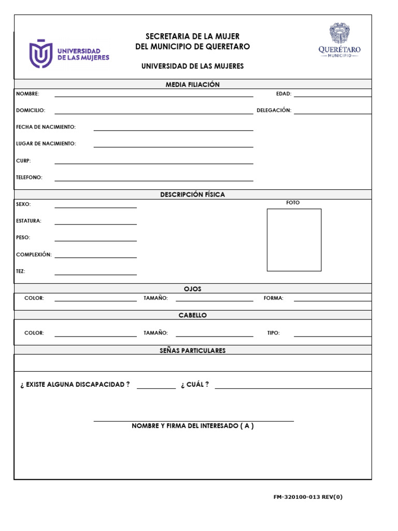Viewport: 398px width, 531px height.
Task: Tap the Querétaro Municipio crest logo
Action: [339, 40]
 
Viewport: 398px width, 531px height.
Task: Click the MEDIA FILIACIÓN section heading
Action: [193, 85]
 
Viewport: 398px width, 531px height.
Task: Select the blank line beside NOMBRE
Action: [154, 95]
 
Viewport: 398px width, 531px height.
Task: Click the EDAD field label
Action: [283, 94]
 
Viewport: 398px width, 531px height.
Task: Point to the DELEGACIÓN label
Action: [274, 110]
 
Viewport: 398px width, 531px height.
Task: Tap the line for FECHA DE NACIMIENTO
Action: [173, 129]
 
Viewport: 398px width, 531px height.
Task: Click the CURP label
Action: [23, 161]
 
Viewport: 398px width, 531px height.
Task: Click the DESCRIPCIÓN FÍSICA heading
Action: [193, 194]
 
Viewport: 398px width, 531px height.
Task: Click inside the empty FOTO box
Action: [294, 240]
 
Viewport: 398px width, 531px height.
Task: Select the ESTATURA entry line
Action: [96, 223]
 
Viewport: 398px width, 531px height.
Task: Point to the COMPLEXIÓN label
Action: [34, 255]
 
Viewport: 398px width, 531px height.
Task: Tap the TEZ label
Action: [21, 271]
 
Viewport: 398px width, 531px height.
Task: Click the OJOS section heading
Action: [193, 289]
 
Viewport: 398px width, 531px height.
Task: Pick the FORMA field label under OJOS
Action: [274, 298]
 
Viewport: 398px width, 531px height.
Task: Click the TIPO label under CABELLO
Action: [274, 333]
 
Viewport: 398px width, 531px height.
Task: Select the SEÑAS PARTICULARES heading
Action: [193, 351]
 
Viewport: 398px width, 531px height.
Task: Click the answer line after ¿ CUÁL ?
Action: [293, 387]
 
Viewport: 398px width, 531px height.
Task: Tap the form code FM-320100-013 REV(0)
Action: [308, 497]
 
